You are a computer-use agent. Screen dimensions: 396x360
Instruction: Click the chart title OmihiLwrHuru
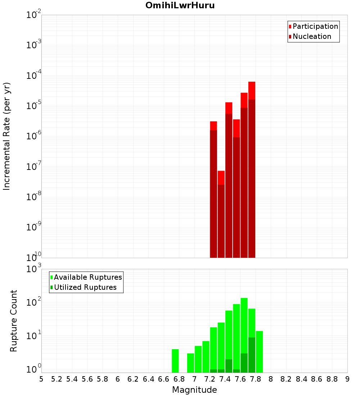pos(180,6)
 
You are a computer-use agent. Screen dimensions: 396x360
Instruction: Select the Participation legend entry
pos(313,26)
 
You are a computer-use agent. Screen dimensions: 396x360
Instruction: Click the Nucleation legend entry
pos(310,36)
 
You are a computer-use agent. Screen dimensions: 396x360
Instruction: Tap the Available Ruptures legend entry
pos(86,277)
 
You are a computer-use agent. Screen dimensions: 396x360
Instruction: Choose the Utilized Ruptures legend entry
pos(83,287)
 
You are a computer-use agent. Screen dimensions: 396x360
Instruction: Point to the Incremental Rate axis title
pos(7,136)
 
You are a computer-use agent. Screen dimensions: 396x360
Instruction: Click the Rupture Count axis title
pos(14,321)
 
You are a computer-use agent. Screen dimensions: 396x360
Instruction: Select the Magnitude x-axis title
pos(194,390)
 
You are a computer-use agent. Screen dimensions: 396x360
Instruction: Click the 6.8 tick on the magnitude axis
pos(179,379)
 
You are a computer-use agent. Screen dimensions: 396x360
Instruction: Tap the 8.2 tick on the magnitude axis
pos(286,379)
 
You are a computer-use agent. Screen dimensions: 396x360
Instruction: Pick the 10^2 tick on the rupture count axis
pos(34,302)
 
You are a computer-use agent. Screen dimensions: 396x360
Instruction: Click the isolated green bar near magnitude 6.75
pos(175,361)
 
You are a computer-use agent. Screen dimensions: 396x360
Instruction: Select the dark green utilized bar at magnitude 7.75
pos(252,355)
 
